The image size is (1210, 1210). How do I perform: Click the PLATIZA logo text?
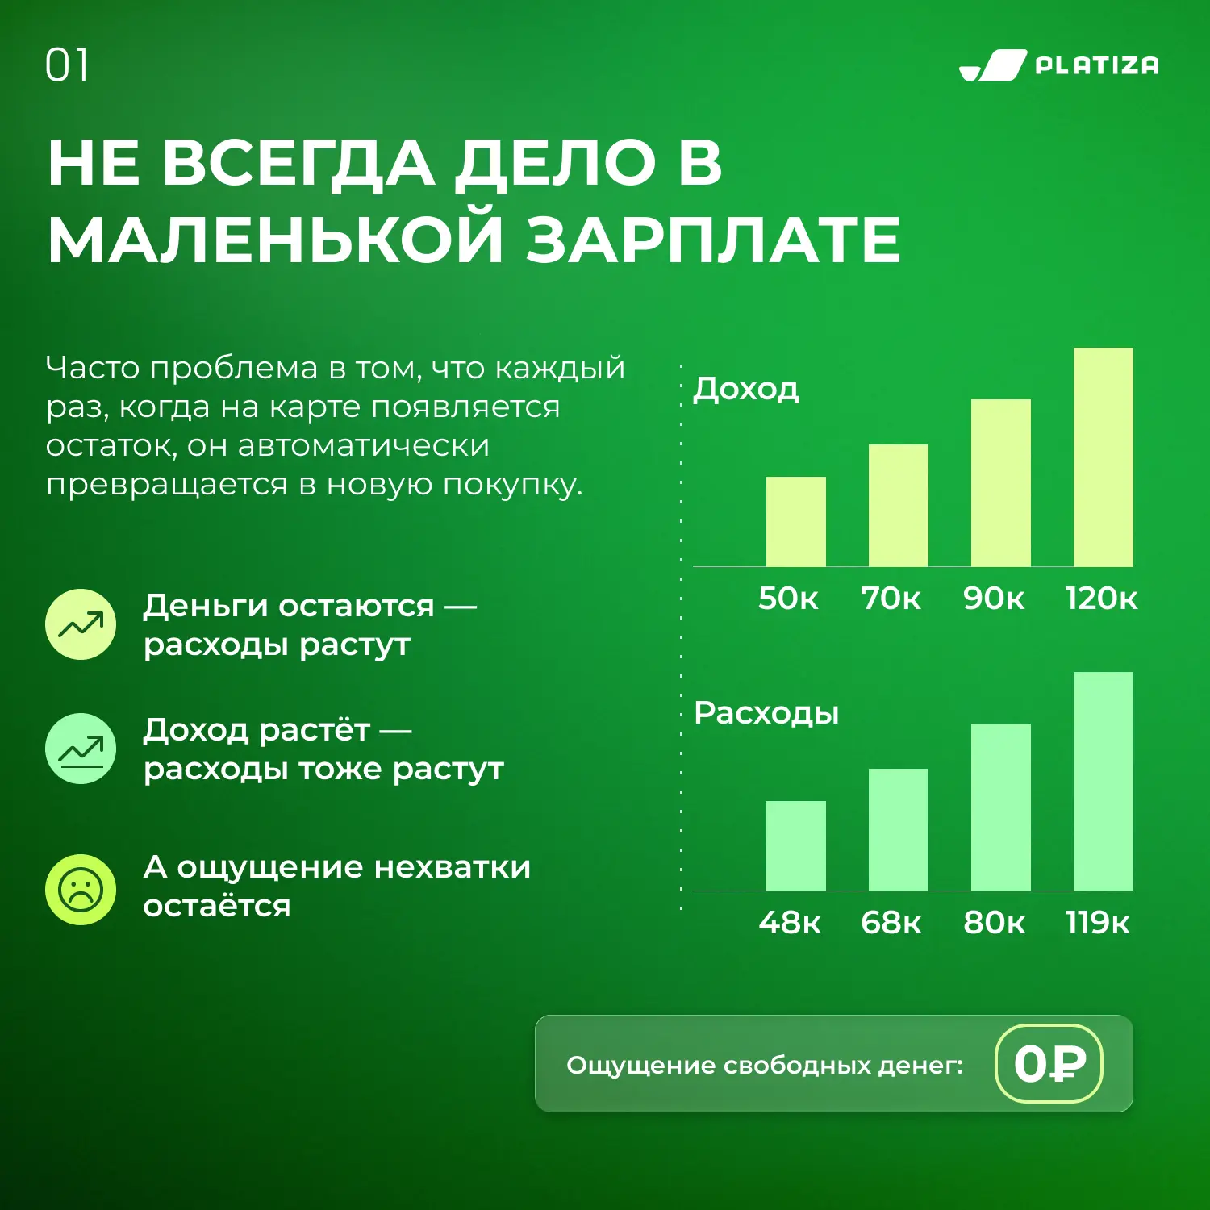tap(1096, 65)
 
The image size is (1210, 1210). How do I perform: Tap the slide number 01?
tap(67, 65)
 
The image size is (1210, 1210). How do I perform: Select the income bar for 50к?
tap(795, 522)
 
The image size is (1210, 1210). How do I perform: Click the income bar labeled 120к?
tap(1104, 457)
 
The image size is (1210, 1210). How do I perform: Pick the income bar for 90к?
tap(1001, 483)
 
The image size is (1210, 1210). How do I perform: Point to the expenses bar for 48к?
tap(795, 846)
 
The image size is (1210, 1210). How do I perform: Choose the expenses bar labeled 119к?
tap(1104, 782)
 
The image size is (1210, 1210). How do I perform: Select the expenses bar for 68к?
tap(899, 830)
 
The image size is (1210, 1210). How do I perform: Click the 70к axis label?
tap(891, 599)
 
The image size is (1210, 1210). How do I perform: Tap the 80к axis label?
tap(994, 923)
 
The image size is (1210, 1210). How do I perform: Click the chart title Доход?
tap(746, 389)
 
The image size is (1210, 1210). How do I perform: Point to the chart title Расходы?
tap(766, 714)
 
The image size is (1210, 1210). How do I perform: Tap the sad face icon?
tap(81, 890)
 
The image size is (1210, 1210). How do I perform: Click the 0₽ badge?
tap(1049, 1063)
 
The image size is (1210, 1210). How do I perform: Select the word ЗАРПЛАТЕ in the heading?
tap(714, 240)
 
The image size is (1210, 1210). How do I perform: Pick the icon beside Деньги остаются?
tap(81, 624)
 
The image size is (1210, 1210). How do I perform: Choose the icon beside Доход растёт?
tap(81, 749)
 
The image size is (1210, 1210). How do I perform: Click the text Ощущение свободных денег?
tap(765, 1066)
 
